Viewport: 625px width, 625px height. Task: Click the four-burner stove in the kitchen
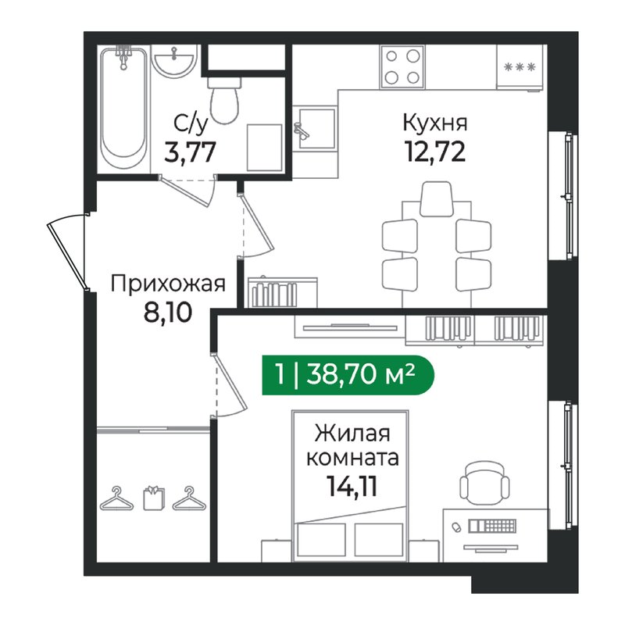click(404, 66)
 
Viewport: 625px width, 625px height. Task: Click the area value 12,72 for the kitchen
click(434, 150)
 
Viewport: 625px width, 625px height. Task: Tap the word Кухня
click(434, 123)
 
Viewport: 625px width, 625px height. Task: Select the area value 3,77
click(190, 149)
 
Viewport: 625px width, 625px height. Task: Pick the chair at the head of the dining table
click(435, 198)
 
